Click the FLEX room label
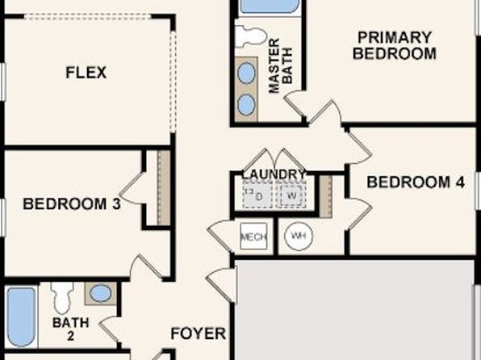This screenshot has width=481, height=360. (x=86, y=73)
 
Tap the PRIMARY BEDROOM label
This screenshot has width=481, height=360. (x=395, y=45)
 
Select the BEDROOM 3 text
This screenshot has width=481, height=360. (x=72, y=204)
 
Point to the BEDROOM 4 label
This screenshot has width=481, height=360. (x=416, y=182)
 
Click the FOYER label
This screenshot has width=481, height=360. (x=199, y=333)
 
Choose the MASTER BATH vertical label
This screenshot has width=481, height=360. (x=280, y=65)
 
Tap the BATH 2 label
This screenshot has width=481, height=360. (x=71, y=329)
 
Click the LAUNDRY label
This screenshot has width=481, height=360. (x=274, y=174)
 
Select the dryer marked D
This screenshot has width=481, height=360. (x=257, y=195)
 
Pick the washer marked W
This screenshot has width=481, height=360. (x=291, y=195)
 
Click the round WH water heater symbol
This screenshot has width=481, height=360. (x=299, y=236)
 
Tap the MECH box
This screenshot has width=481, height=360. (x=253, y=237)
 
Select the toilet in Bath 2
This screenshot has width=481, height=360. (x=62, y=297)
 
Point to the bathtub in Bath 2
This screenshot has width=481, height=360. (x=21, y=316)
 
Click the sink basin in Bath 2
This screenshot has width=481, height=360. (x=100, y=293)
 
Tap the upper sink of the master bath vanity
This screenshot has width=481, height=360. (x=246, y=73)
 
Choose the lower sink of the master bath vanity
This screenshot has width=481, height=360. (x=246, y=105)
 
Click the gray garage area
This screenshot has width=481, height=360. (x=354, y=310)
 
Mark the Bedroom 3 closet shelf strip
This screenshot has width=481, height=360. (x=164, y=188)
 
